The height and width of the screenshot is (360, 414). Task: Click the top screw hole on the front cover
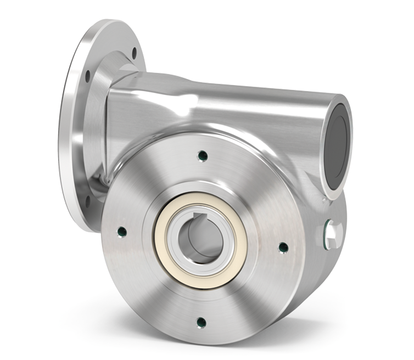click(x=202, y=155)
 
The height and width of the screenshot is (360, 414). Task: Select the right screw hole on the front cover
click(x=283, y=247)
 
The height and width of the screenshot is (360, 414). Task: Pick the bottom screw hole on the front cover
click(x=201, y=322)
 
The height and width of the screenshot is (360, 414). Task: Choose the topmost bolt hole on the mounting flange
click(x=134, y=53)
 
